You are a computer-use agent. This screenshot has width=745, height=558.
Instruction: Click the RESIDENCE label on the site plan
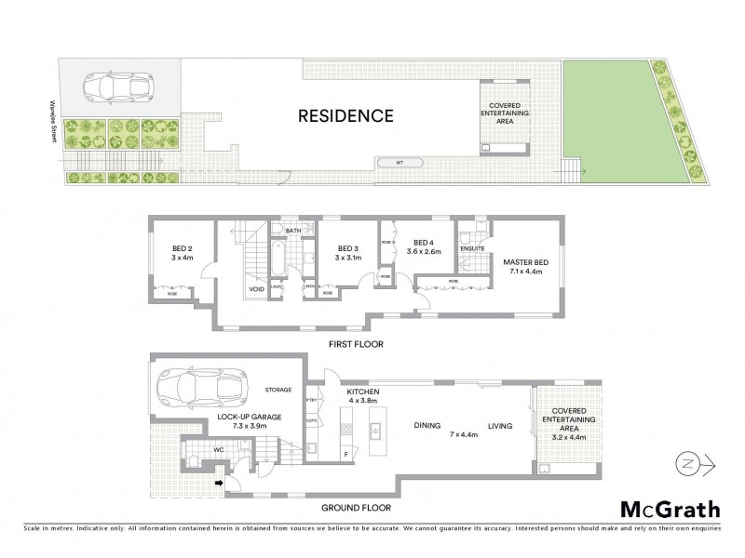(x=345, y=116)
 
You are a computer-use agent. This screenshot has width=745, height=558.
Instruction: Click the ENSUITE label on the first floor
(x=471, y=248)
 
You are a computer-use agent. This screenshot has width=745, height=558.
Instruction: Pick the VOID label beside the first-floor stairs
(x=256, y=290)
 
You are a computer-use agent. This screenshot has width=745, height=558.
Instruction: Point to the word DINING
(x=427, y=426)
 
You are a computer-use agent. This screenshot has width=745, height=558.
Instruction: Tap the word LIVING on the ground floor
(x=500, y=426)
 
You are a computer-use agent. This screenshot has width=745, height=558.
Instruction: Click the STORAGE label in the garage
(x=278, y=390)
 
